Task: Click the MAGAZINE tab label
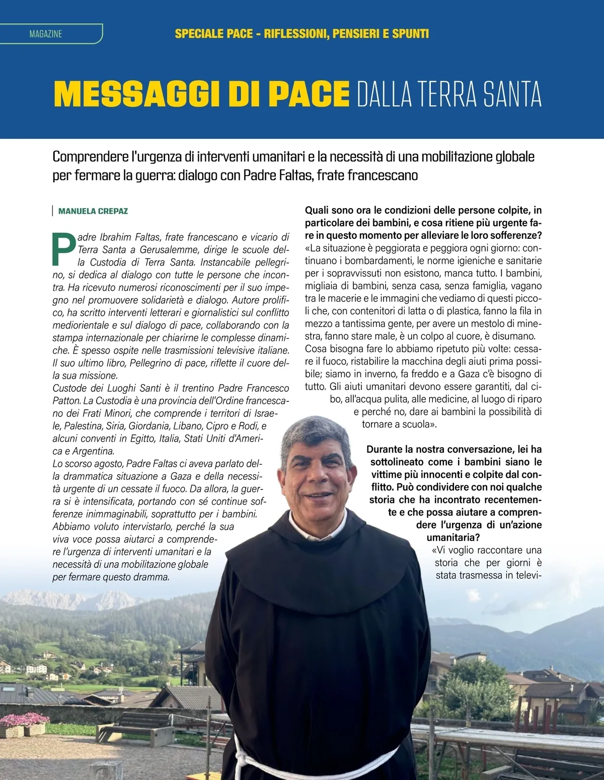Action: (46, 34)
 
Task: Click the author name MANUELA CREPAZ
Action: (93, 211)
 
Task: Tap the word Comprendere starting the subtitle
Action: (91, 157)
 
